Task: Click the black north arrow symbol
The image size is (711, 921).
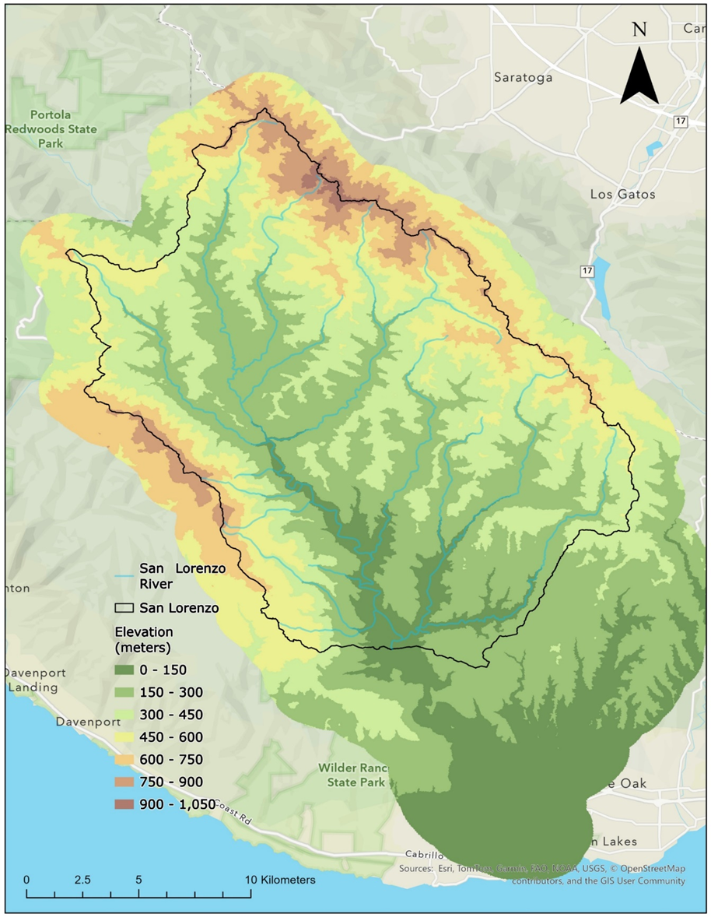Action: [639, 76]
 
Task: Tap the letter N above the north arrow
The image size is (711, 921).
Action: [639, 30]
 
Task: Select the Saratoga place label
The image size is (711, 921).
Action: [523, 77]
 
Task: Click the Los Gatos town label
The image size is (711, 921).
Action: [622, 194]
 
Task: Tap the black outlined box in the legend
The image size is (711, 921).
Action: [125, 608]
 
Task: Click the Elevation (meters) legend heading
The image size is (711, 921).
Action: [144, 639]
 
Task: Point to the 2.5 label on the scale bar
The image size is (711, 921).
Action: [82, 880]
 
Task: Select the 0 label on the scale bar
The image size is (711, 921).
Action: [26, 880]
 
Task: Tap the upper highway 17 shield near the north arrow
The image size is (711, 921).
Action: [681, 123]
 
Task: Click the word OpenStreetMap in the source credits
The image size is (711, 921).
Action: [650, 869]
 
